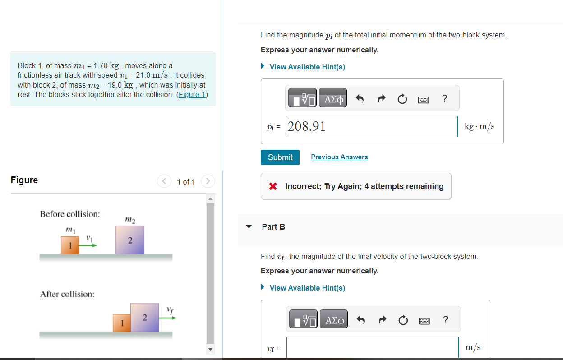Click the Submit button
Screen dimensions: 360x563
click(x=280, y=157)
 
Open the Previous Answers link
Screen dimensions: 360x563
click(x=339, y=157)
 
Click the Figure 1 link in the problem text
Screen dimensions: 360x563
click(x=192, y=94)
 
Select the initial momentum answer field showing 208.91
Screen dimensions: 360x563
click(x=372, y=126)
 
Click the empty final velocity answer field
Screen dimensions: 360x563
click(x=372, y=347)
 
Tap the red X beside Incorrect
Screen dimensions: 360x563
click(x=272, y=186)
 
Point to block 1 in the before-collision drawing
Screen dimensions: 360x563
click(x=70, y=245)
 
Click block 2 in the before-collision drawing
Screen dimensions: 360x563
click(x=130, y=240)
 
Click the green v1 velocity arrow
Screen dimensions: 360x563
click(x=88, y=245)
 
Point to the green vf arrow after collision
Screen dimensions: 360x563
click(x=167, y=318)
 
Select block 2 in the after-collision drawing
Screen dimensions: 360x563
click(x=144, y=318)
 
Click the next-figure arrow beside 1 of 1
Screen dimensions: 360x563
click(x=208, y=181)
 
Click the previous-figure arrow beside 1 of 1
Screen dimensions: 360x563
click(x=164, y=181)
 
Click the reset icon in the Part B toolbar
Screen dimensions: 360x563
click(x=403, y=320)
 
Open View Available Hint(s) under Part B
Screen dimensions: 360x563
click(x=307, y=288)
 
